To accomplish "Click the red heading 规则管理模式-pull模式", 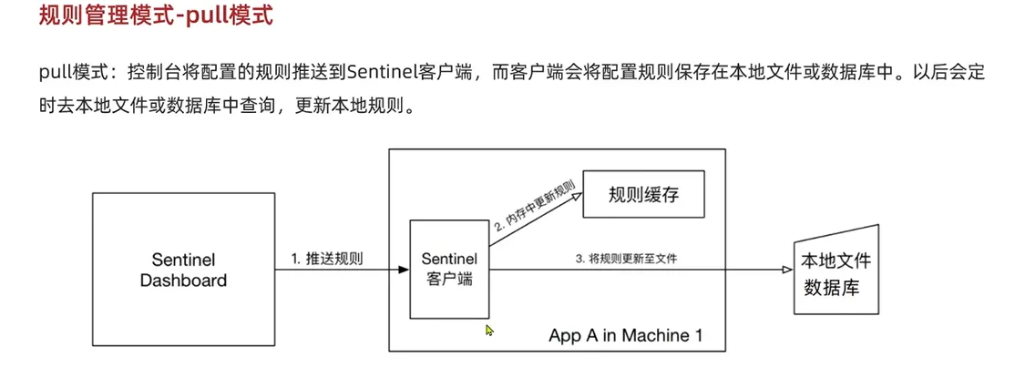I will click(x=155, y=17).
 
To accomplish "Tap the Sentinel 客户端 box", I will click(x=449, y=270).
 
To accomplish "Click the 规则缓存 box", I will click(x=644, y=194).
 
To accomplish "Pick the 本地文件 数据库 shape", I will click(x=835, y=271).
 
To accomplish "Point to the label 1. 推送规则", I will click(x=327, y=258).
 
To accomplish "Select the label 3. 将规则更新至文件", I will click(x=626, y=259).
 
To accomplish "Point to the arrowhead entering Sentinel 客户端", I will click(x=404, y=270).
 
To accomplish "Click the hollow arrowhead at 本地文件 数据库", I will click(x=786, y=270).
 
